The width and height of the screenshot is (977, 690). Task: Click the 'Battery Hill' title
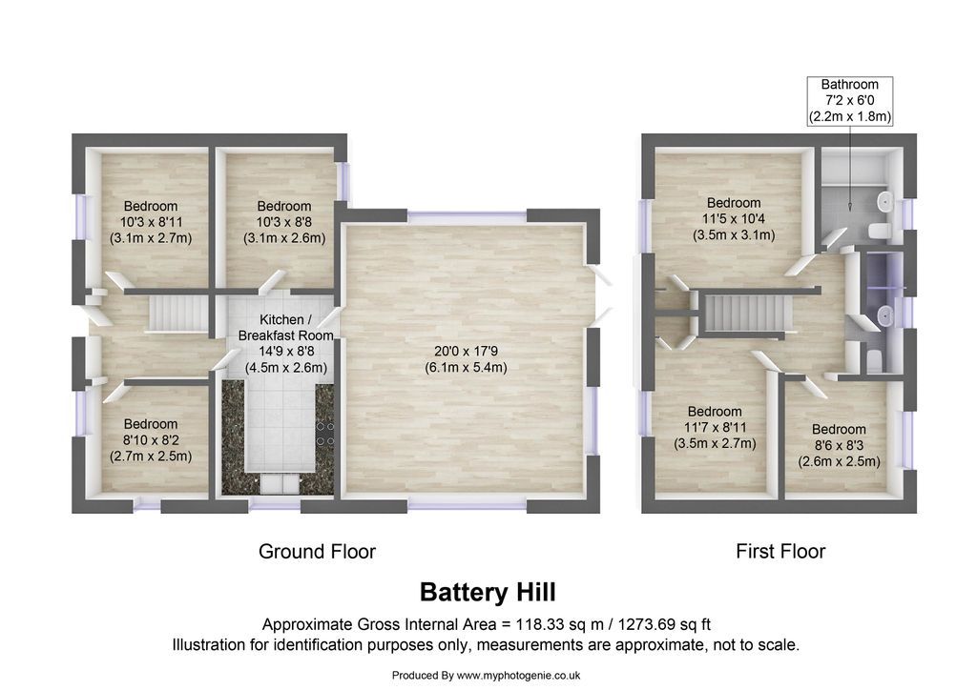click(488, 593)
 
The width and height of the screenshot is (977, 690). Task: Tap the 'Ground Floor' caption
click(317, 551)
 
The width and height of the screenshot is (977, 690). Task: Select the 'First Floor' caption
click(780, 551)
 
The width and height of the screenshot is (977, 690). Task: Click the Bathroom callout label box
click(849, 101)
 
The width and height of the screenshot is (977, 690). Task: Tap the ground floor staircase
click(179, 313)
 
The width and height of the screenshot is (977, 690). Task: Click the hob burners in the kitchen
click(325, 434)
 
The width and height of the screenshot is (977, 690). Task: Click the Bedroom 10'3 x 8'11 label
click(150, 222)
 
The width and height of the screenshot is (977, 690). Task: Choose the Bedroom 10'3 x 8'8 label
click(283, 222)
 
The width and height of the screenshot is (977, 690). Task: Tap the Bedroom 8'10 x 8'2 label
click(150, 440)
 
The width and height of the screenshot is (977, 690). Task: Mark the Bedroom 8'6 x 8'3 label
click(839, 445)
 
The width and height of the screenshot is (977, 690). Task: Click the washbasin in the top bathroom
click(884, 201)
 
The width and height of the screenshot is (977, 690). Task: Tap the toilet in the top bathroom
click(878, 231)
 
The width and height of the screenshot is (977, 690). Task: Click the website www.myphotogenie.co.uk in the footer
click(519, 676)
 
